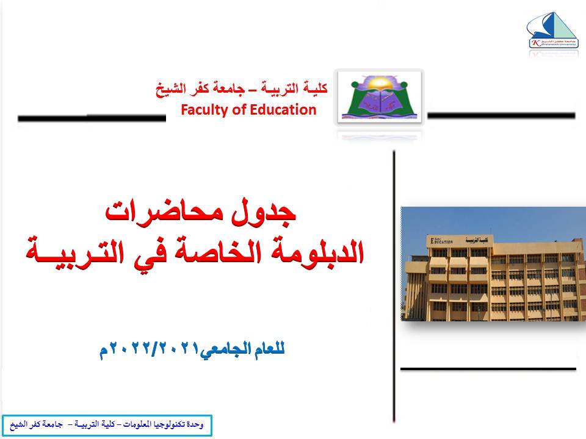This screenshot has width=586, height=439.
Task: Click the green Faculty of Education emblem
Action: [x=380, y=97]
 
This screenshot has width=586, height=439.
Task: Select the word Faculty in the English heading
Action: [x=202, y=110]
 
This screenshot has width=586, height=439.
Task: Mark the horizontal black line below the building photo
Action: [x=488, y=368]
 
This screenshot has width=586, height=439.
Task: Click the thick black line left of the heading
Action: [x=92, y=118]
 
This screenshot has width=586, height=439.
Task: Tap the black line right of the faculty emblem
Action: [x=501, y=115]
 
